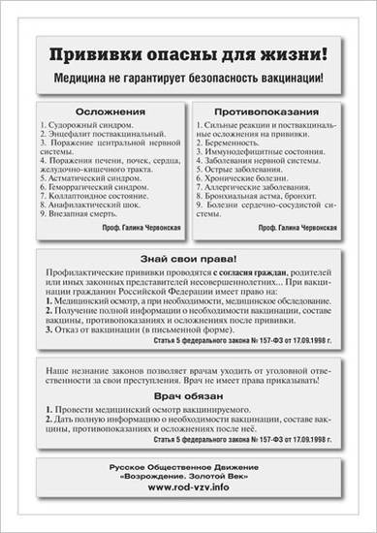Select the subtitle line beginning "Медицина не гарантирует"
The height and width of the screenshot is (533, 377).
point(188,76)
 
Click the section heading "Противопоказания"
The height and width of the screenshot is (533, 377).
point(271,110)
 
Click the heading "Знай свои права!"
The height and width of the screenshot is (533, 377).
point(188,260)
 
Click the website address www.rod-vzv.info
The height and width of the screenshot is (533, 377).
point(188,487)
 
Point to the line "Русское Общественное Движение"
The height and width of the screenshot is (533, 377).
point(188,466)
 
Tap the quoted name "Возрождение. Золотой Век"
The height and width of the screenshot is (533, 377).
point(188,477)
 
